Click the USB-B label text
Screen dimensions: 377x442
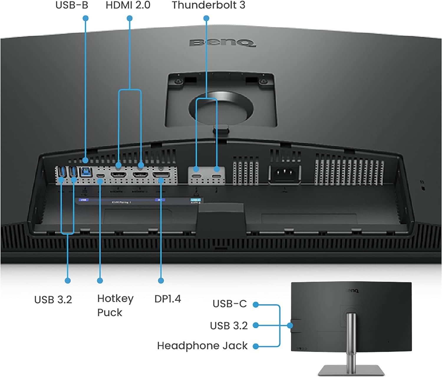pos(72,5)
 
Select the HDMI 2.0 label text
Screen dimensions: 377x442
pos(128,5)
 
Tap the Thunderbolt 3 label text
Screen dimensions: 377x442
pos(208,5)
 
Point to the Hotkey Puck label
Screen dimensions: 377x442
pos(115,305)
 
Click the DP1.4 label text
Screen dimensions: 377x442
pos(168,299)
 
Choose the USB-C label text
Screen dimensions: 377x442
pos(230,304)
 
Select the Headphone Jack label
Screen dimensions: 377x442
pos(202,346)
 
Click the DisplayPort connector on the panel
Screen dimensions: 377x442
pos(161,175)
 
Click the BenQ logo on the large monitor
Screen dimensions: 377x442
pos(222,43)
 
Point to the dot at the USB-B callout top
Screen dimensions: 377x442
pos(85,18)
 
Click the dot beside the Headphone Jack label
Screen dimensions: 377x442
pos(256,346)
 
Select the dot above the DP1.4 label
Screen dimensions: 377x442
pos(161,280)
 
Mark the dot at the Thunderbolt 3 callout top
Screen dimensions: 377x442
pos(206,18)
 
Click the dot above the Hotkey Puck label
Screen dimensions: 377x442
pos(100,280)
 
